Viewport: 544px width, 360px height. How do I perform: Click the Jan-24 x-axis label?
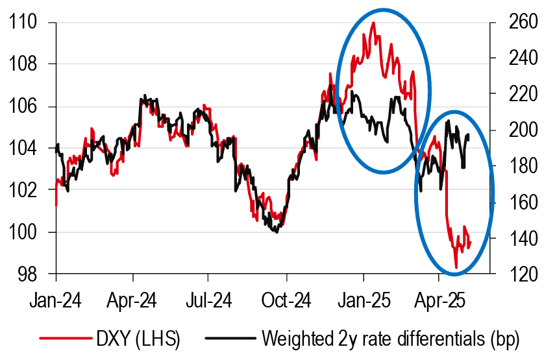point(56,301)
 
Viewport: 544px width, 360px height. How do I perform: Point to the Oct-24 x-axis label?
point(287,301)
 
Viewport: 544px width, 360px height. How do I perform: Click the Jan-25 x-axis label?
point(364,301)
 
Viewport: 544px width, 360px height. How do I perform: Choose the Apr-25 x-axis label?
point(439,301)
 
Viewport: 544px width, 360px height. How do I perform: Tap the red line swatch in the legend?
point(64,339)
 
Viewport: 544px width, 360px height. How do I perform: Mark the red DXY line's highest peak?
point(373,23)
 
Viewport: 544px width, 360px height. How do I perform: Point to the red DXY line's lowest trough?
point(456,267)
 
